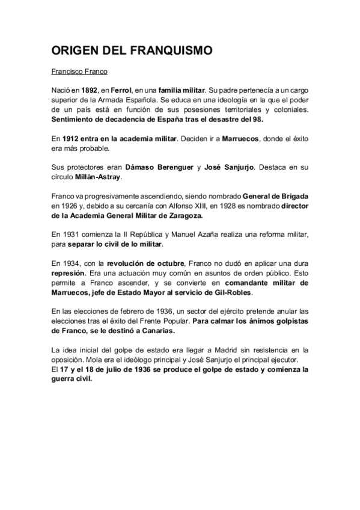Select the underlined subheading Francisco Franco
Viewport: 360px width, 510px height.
coord(79,72)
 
